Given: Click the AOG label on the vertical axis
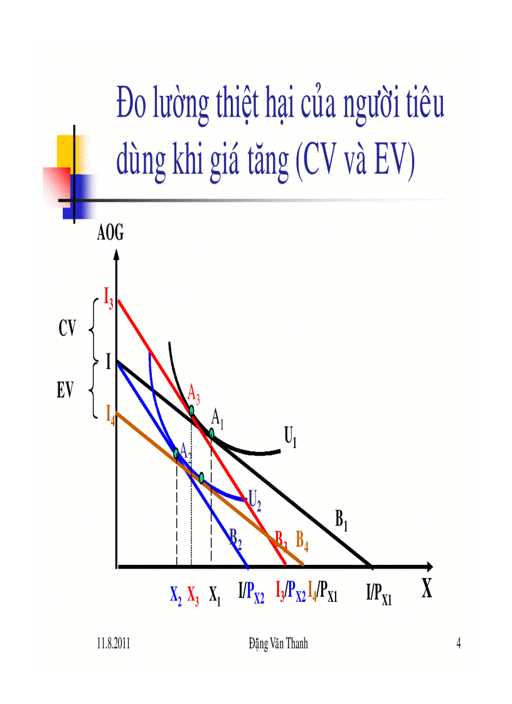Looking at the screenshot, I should (110, 234).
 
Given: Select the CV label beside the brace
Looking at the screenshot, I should (67, 328).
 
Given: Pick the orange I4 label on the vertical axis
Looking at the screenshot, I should (110, 413).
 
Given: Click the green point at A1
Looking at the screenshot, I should (212, 433).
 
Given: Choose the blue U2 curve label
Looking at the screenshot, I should (255, 500).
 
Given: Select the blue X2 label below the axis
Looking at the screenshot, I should (176, 593).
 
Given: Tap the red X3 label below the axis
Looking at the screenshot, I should (193, 593).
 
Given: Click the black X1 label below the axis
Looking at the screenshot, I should (215, 593).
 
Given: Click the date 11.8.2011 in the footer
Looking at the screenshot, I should (114, 644).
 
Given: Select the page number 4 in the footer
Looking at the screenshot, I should (459, 644).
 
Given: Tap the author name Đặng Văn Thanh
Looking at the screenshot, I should (278, 644).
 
